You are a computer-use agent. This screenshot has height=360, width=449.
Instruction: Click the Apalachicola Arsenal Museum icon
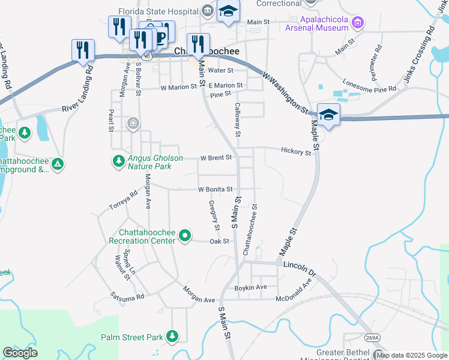(x=358, y=23)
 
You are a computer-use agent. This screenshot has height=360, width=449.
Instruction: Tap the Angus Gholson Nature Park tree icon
(x=118, y=160)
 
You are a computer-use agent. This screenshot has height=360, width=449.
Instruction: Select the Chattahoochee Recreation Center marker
(x=185, y=236)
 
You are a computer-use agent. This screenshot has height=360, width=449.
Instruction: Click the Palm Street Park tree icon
(x=173, y=335)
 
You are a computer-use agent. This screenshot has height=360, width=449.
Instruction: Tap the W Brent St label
(x=216, y=158)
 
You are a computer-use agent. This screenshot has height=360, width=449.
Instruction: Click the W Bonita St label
(x=215, y=189)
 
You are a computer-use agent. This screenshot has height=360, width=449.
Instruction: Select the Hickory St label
(x=296, y=151)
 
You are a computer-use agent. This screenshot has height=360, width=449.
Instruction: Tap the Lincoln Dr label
(x=299, y=265)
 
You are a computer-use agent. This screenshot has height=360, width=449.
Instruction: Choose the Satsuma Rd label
(x=127, y=296)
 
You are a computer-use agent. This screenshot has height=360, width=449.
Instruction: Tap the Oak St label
(x=219, y=241)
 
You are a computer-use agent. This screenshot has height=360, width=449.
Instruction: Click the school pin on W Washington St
(x=329, y=114)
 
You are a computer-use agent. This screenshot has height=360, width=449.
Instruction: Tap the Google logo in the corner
(x=20, y=353)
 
